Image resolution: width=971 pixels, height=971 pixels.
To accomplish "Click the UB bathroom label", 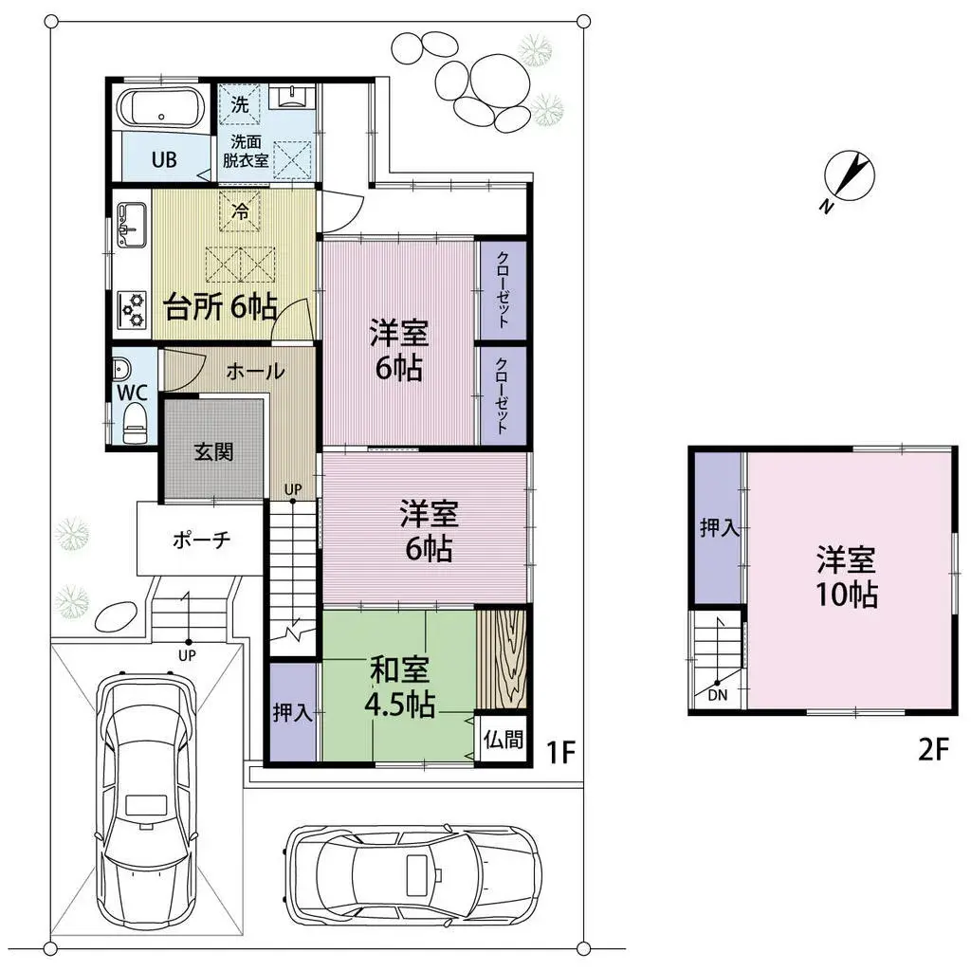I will click(164, 159).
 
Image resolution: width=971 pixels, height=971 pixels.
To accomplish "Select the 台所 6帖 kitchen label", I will click(221, 307).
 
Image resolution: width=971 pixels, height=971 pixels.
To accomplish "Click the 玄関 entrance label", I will click(213, 451).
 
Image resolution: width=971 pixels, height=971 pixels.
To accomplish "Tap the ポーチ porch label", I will click(201, 540).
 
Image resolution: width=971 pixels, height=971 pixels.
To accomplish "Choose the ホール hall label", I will click(254, 373).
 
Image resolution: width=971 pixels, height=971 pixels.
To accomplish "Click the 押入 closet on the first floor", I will click(292, 714).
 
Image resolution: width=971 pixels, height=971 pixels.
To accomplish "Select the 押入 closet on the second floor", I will click(719, 529).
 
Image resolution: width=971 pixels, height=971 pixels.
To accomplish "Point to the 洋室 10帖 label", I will click(848, 577).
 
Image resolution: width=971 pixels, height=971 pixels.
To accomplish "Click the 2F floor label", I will click(934, 751).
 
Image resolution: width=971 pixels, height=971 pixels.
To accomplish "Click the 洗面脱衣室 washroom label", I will click(243, 151).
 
